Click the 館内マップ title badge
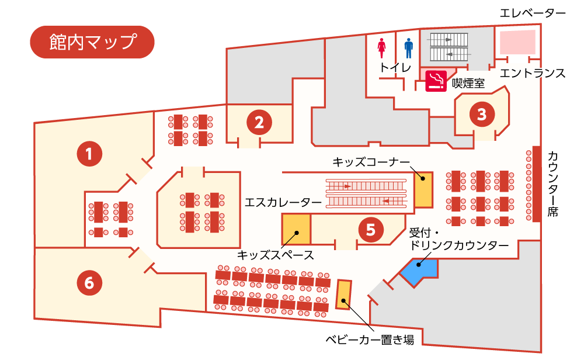[x=92, y=41]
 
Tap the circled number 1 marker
[x=89, y=154]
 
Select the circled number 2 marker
[x=259, y=122]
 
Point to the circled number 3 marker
[x=482, y=114]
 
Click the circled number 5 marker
[x=371, y=230]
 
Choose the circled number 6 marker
[x=89, y=283]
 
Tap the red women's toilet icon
[x=381, y=48]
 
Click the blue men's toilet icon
[x=409, y=48]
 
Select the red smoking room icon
[x=436, y=81]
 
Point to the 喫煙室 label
[x=468, y=83]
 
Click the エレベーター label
[x=532, y=13]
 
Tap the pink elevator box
[x=517, y=42]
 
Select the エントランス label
[x=532, y=73]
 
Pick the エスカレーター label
[x=283, y=202]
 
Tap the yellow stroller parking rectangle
[x=343, y=295]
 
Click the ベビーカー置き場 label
[x=370, y=340]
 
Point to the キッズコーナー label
[x=371, y=162]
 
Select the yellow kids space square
[x=297, y=230]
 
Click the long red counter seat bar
[x=536, y=184]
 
